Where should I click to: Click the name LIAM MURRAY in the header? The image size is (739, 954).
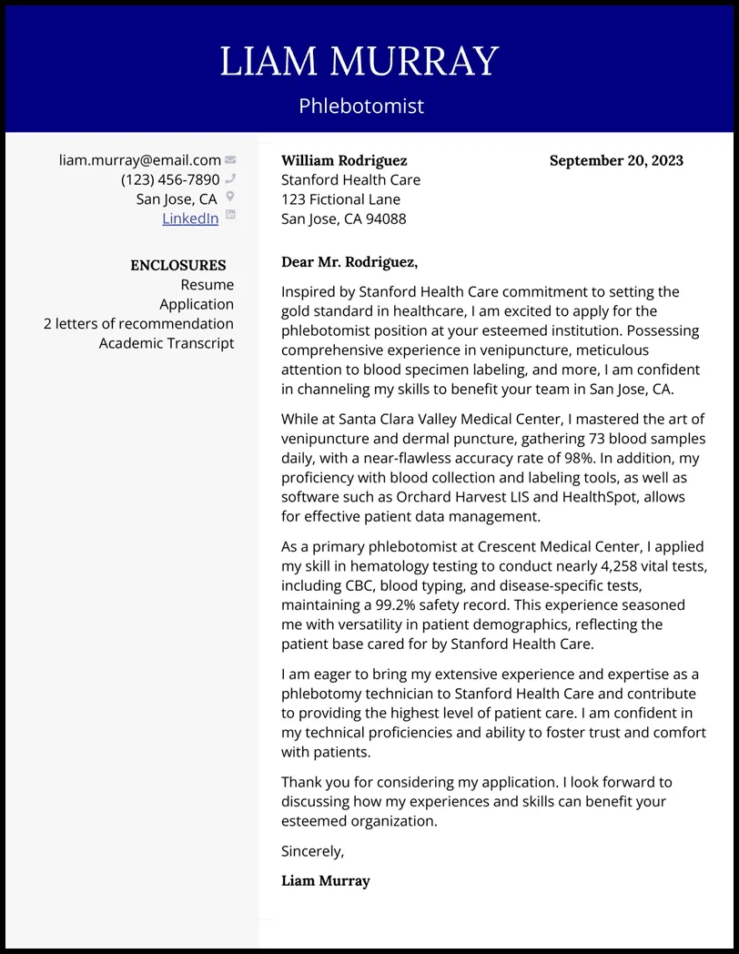pos(359,62)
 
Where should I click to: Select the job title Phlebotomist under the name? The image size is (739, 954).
pos(361,107)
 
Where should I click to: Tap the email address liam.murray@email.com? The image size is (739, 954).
pos(140,160)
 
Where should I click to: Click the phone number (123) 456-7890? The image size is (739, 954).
pos(170,180)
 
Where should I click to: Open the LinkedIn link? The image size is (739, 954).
pos(190,218)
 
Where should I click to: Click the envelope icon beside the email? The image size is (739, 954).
pos(230,160)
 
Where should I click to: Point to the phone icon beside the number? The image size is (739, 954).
pos(230,179)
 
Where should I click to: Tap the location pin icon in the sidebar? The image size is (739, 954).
pos(230,197)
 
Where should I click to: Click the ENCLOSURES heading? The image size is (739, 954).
pos(178,266)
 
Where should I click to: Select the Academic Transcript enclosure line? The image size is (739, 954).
pos(167,343)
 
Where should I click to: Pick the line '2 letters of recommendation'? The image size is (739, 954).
pos(138,324)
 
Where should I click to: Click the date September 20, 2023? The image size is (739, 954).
pos(616,161)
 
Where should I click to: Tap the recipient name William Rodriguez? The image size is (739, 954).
pos(344,161)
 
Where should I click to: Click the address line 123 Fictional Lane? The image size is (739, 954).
pos(340,199)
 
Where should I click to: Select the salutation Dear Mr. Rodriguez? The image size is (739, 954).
pos(349,263)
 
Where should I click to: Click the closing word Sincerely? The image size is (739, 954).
pos(312,852)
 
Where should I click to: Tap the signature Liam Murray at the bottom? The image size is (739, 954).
pos(325,881)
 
